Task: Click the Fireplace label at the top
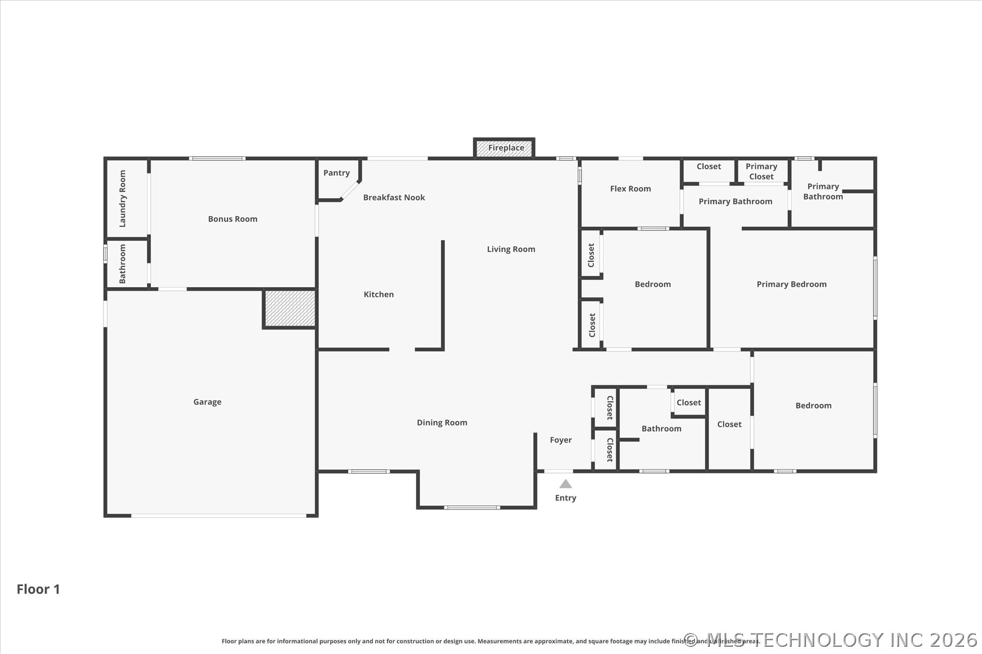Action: pyautogui.click(x=506, y=148)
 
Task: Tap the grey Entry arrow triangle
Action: pyautogui.click(x=565, y=484)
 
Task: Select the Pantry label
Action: pyautogui.click(x=337, y=173)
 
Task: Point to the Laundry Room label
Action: pyautogui.click(x=122, y=199)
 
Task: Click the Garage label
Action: pyautogui.click(x=207, y=402)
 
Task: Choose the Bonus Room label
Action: pyautogui.click(x=233, y=219)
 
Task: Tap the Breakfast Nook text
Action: pyautogui.click(x=394, y=197)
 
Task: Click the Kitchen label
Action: pyautogui.click(x=378, y=294)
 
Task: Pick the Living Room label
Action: pyautogui.click(x=511, y=249)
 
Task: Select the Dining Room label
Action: pyautogui.click(x=442, y=423)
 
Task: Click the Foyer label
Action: pyautogui.click(x=561, y=440)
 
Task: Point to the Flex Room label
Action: pyautogui.click(x=630, y=189)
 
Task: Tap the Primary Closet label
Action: pyautogui.click(x=761, y=171)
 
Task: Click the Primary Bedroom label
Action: pyautogui.click(x=791, y=284)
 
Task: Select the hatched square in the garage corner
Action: pyautogui.click(x=289, y=309)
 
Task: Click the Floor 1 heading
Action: pyautogui.click(x=38, y=589)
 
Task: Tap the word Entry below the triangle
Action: pyautogui.click(x=565, y=498)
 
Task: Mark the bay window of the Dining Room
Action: pyautogui.click(x=472, y=507)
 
